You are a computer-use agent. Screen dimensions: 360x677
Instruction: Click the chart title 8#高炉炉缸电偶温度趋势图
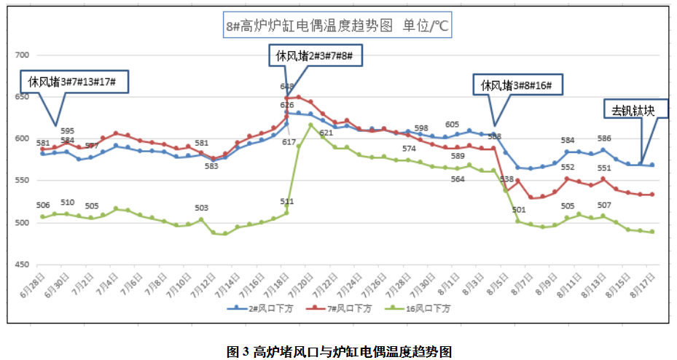click(337, 27)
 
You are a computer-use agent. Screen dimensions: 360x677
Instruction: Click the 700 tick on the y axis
click(21, 55)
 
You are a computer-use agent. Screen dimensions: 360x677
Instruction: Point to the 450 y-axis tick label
click(21, 266)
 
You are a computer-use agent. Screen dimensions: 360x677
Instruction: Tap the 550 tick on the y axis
click(21, 181)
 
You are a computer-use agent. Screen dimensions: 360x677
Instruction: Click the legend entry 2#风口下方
click(254, 308)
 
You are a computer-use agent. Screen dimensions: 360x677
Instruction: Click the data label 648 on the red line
click(287, 87)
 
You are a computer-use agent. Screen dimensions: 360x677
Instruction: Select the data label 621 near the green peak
click(326, 133)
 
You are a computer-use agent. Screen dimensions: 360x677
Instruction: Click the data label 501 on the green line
click(519, 211)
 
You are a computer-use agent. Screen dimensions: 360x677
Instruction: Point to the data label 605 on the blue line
click(452, 125)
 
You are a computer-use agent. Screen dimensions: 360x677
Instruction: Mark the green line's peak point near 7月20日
click(311, 125)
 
